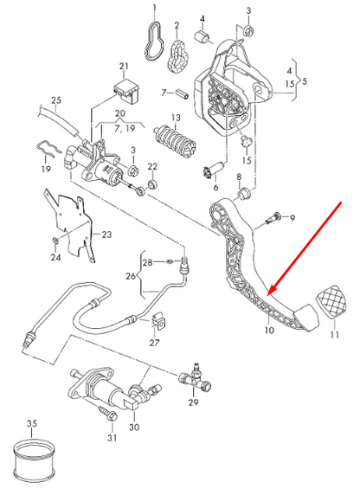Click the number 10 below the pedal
pyautogui.click(x=268, y=330)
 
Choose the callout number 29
pyautogui.click(x=193, y=403)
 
